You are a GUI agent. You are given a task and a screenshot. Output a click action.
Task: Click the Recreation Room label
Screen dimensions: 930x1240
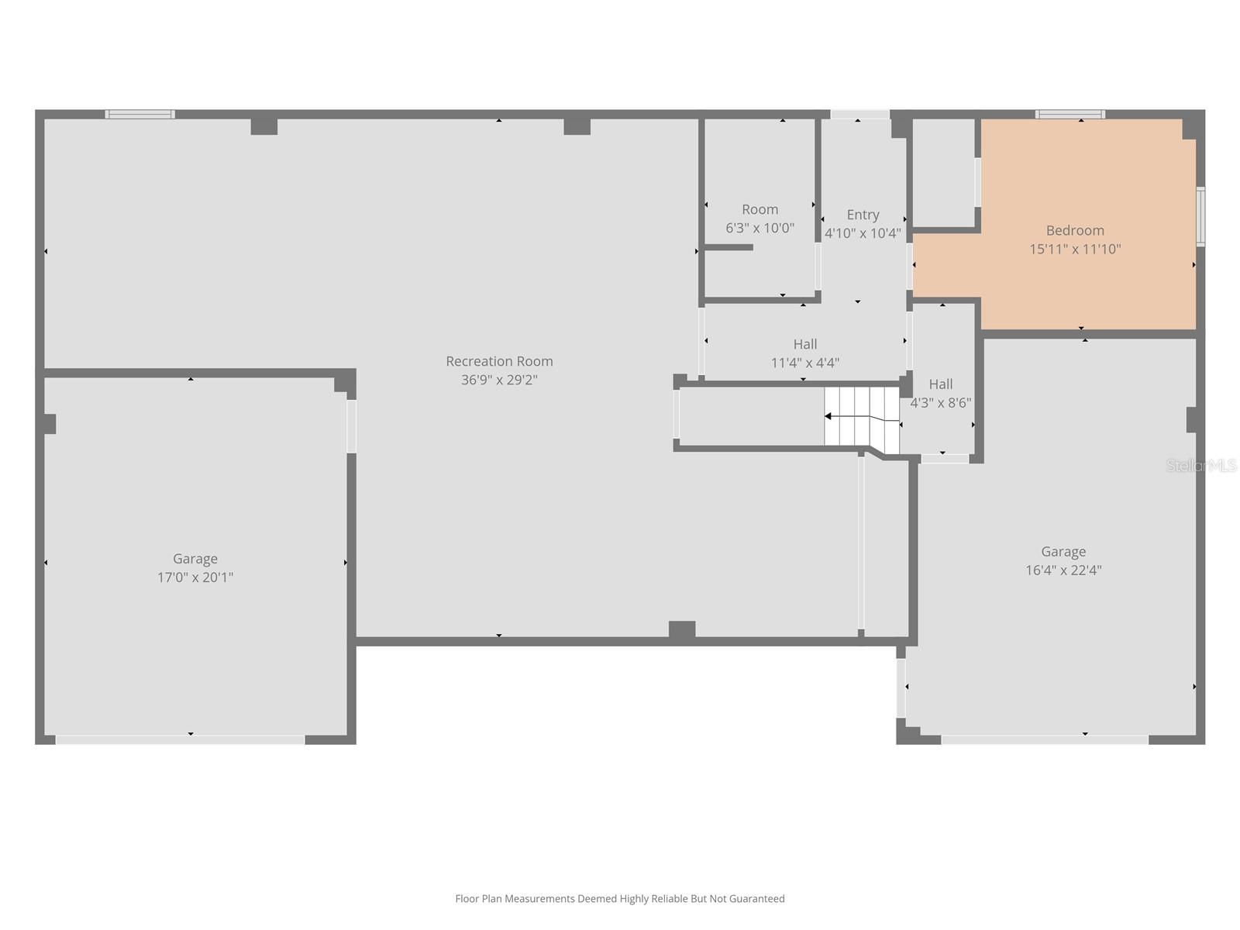pos(499,361)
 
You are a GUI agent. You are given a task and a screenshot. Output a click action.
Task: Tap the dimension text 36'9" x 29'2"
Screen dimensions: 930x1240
pos(499,380)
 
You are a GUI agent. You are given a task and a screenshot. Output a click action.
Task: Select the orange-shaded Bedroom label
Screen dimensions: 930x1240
pos(1075,230)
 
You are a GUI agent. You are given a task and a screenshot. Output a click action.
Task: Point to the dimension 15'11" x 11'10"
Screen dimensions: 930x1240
pos(1075,249)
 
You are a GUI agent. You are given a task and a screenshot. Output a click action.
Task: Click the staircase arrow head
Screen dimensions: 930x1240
pos(828,416)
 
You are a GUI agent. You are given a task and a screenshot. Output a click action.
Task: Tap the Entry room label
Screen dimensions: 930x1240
pos(863,215)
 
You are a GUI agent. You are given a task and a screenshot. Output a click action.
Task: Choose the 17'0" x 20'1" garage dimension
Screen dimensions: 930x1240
pos(195,577)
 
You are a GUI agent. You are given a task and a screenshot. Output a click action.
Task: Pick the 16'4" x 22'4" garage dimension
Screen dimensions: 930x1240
pos(1063,570)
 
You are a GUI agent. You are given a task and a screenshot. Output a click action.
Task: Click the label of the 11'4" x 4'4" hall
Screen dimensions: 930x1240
pos(805,344)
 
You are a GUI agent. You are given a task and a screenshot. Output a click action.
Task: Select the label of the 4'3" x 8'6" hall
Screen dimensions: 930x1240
pos(941,384)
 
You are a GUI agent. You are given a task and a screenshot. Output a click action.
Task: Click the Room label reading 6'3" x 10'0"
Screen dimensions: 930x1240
pos(759,209)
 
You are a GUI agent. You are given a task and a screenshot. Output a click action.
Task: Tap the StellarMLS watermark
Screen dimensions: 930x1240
pos(1201,466)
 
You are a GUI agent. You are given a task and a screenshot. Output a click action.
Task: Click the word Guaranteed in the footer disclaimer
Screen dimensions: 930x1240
pos(753,899)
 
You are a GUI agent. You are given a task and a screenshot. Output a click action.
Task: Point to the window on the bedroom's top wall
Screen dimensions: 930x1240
pos(1070,115)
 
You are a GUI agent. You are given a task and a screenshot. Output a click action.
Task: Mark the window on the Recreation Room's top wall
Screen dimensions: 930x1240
pos(140,115)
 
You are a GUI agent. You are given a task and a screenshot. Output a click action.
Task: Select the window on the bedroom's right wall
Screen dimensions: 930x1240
pos(1200,217)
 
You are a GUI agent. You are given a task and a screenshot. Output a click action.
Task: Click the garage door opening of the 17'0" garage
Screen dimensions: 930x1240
pos(180,740)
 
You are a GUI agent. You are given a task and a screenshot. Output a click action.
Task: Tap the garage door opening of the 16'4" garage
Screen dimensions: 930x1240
pos(1045,740)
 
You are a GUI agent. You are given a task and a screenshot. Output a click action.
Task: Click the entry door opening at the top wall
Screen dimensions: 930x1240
pos(859,115)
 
